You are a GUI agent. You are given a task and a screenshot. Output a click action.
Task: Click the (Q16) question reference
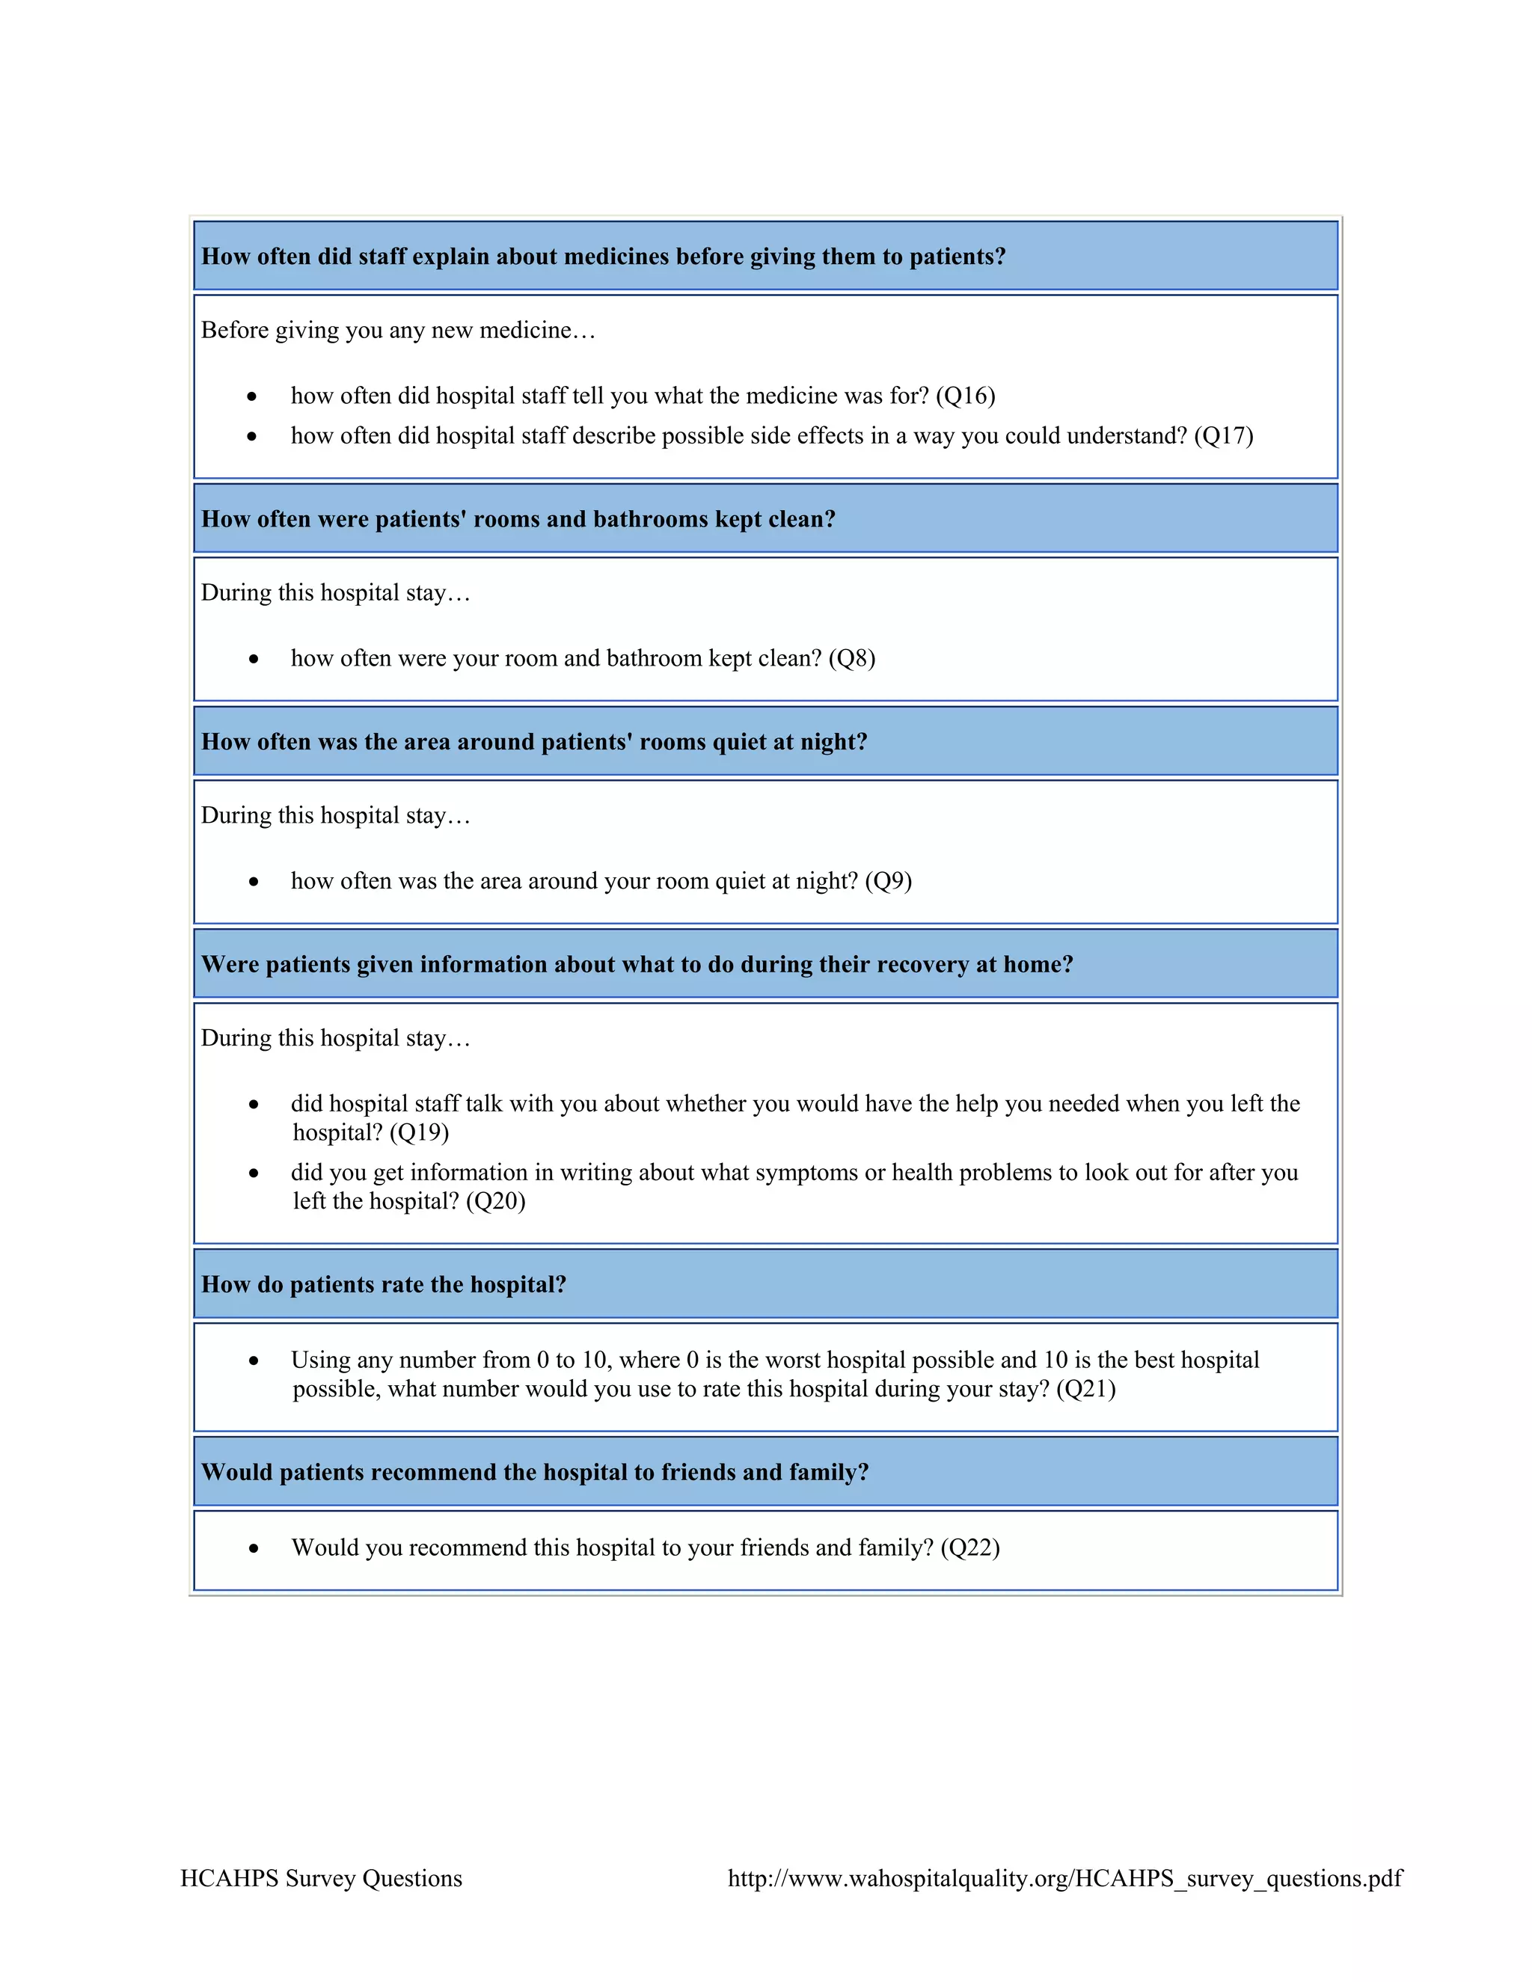[966, 396]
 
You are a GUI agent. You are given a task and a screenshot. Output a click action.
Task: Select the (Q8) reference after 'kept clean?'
[851, 658]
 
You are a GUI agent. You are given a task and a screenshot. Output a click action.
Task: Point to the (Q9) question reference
[888, 880]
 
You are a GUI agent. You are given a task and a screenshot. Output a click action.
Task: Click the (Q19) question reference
[420, 1132]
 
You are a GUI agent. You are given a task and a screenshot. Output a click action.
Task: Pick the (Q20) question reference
[495, 1202]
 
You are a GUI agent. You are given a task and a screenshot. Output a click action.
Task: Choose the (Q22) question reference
[970, 1547]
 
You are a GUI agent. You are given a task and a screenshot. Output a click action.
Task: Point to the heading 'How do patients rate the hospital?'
[383, 1284]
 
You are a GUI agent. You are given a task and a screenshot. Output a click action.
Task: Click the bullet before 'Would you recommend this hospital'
[254, 1549]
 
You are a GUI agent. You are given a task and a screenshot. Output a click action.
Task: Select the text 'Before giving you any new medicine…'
[397, 331]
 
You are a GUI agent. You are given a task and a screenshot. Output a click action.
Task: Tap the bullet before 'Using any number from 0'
[254, 1361]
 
